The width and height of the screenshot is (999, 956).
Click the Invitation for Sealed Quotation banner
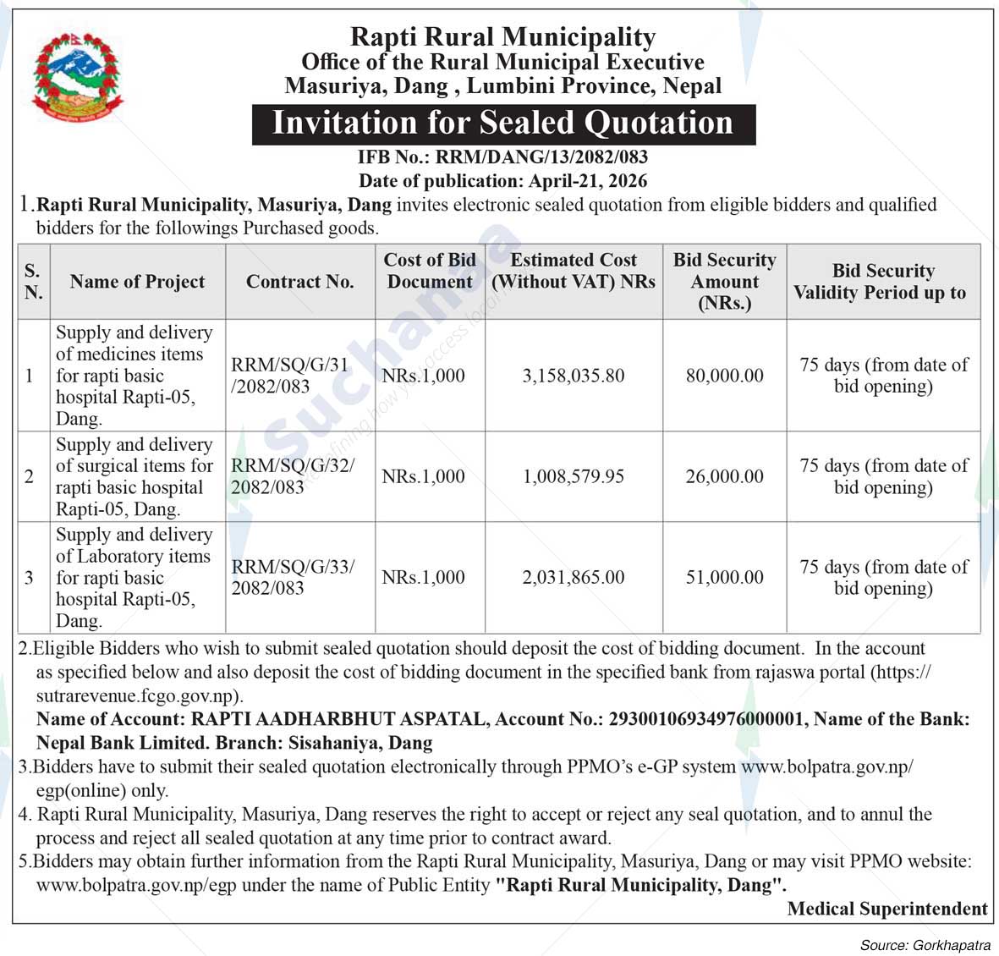point(502,124)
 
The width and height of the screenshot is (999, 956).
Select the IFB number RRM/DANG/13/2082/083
point(541,157)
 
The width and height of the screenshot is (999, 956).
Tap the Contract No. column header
point(299,282)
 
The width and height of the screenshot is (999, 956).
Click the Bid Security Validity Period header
point(882,282)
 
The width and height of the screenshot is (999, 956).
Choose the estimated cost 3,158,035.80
point(574,376)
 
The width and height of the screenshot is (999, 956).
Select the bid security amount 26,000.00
point(724,476)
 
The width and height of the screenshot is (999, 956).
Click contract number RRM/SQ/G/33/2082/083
point(293,577)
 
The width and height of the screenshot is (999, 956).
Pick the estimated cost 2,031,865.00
point(574,577)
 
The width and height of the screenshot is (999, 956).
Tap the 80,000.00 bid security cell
point(724,376)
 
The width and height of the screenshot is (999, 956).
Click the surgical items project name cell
point(135,476)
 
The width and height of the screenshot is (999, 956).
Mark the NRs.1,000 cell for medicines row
point(423,376)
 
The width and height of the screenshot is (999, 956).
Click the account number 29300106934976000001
point(705,719)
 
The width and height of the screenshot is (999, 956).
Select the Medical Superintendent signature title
point(886,909)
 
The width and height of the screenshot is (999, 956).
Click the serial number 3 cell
point(30,577)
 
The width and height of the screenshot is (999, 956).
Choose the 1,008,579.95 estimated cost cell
point(574,476)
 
